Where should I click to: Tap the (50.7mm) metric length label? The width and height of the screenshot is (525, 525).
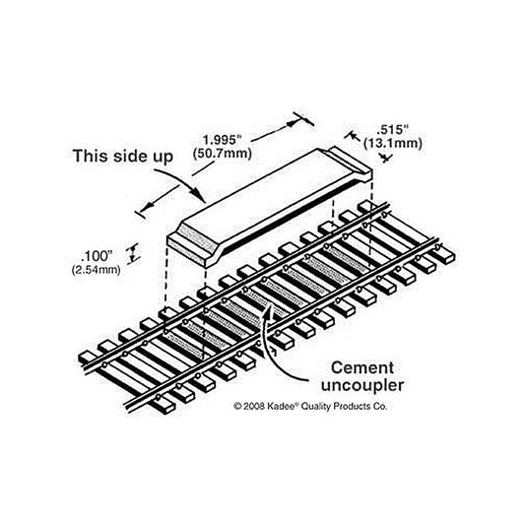222,154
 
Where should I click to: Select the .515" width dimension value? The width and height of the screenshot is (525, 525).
393,129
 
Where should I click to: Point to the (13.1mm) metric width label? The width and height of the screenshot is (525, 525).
393,143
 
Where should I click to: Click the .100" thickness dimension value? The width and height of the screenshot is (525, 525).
97,256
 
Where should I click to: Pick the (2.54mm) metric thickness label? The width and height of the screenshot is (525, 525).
97,270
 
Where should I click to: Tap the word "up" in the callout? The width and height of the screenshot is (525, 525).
162,158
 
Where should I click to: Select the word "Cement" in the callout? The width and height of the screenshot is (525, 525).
362,368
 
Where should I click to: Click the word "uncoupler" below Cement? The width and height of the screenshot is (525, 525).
362,385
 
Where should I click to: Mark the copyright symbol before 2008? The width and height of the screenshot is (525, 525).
237,406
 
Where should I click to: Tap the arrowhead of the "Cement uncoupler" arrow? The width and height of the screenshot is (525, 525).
268,310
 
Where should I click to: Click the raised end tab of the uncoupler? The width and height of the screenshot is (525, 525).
350,160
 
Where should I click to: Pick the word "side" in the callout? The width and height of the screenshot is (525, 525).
130,156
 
